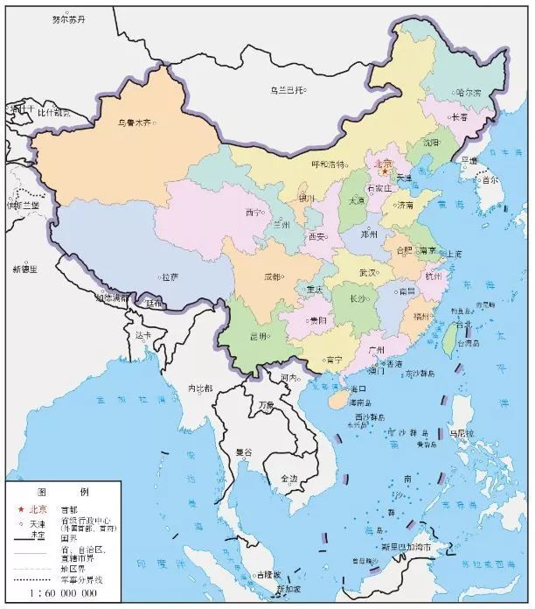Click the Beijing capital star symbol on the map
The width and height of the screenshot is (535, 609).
point(384,172)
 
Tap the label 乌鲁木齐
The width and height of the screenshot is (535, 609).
point(134,123)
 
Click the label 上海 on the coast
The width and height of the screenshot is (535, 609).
point(456,254)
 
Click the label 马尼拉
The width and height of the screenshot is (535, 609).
point(461,433)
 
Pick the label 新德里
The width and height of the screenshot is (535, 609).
point(24,268)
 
